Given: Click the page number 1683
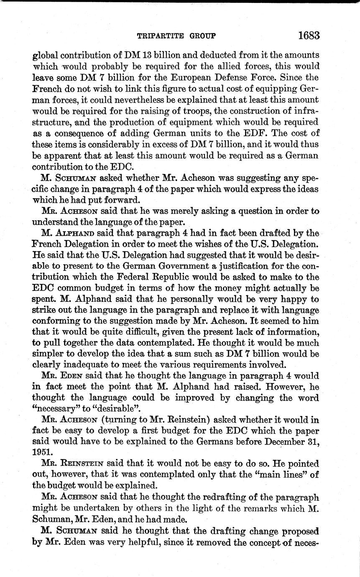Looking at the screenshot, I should pyautogui.click(x=309, y=35).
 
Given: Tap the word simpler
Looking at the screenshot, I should pyautogui.click(x=46, y=353).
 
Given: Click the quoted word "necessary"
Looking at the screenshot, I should pyautogui.click(x=54, y=408).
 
